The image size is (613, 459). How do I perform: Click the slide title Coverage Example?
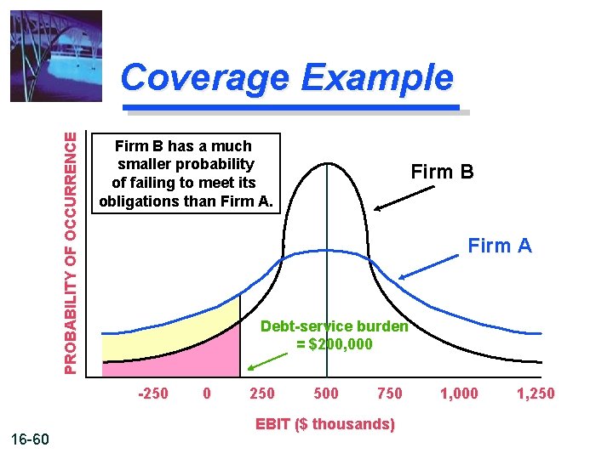287,78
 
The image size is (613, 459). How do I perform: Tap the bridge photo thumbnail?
56,55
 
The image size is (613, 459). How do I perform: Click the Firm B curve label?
442,172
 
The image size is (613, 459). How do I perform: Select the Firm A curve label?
500,246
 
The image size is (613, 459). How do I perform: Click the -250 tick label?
152,393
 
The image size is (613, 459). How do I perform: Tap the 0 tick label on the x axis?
207,393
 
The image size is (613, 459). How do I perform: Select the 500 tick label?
326,393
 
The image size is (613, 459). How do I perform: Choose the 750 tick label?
389,393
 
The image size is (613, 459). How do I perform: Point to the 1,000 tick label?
459,393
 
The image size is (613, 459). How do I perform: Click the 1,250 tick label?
536,393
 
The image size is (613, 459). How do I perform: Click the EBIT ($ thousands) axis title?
325,424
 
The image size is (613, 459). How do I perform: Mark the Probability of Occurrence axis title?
75,252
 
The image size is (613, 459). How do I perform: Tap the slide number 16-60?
32,439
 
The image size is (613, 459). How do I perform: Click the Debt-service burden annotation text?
335,335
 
